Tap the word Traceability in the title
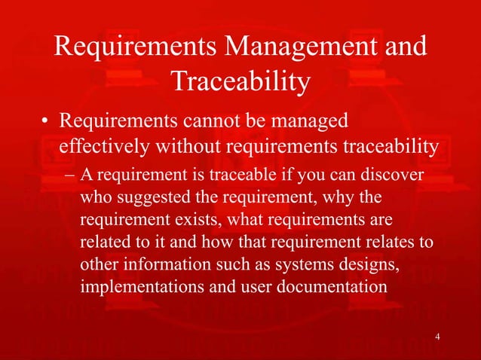coord(240,82)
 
